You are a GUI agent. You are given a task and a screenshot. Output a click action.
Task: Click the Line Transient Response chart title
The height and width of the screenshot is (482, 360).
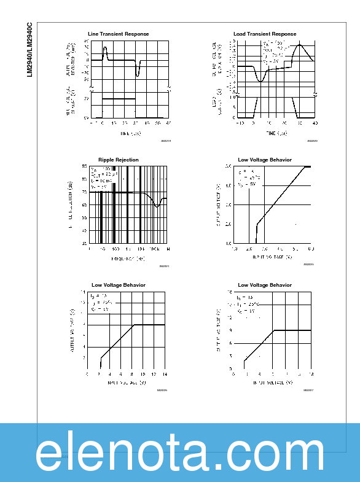click(x=119, y=34)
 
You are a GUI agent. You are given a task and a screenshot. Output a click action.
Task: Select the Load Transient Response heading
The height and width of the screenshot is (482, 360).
click(x=265, y=34)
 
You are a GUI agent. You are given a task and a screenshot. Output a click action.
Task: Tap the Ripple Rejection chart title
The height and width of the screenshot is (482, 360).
click(x=119, y=160)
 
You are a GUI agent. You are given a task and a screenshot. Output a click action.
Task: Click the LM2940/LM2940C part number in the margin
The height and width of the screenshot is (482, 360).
click(x=29, y=50)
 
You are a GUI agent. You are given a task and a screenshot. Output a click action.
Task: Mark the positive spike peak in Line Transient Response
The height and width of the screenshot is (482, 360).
click(x=105, y=47)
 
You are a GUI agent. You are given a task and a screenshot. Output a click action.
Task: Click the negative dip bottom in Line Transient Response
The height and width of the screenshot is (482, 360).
click(x=138, y=75)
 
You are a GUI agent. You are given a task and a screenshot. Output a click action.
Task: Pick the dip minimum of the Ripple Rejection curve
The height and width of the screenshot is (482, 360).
click(x=157, y=206)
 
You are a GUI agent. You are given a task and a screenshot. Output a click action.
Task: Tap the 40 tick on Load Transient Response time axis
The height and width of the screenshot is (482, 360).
click(x=315, y=123)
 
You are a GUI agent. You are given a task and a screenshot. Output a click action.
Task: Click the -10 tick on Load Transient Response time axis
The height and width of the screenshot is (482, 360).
click(x=239, y=123)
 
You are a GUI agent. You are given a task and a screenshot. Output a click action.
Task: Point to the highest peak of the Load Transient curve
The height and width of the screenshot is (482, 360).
click(x=300, y=44)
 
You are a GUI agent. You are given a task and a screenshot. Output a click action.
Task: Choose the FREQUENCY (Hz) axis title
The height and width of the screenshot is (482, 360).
click(x=128, y=258)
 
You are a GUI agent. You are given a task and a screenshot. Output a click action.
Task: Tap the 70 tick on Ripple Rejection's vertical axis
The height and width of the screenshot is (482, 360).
click(x=85, y=192)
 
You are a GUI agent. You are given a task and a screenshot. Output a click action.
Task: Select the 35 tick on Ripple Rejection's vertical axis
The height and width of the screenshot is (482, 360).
click(x=85, y=243)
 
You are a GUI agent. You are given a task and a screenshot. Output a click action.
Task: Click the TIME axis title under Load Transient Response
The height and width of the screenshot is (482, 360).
click(x=276, y=133)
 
